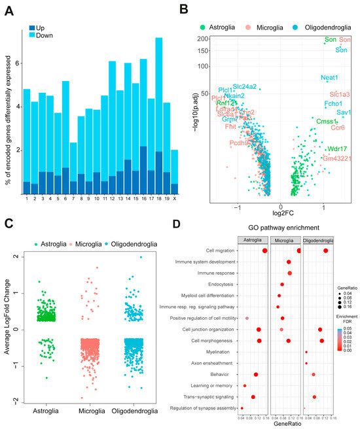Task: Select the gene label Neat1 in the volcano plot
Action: (x=329, y=78)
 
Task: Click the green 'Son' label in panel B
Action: (x=330, y=41)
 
